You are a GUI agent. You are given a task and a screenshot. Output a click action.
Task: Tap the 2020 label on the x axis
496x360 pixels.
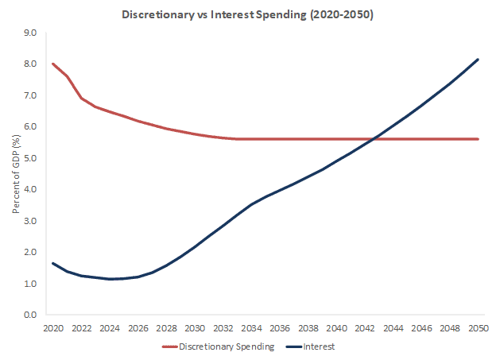tap(53, 327)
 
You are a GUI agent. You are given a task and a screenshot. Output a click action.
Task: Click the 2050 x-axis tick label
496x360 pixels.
tap(478, 327)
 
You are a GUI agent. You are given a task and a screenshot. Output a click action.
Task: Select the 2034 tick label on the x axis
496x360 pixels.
tap(251, 327)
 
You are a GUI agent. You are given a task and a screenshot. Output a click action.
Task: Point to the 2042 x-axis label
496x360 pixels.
tap(365, 327)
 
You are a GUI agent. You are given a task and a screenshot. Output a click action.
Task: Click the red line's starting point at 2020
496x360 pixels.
tap(53, 64)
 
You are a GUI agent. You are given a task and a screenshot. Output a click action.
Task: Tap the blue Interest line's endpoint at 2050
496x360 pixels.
tap(478, 60)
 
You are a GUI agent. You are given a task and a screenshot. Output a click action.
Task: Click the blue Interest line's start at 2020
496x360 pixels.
tap(53, 263)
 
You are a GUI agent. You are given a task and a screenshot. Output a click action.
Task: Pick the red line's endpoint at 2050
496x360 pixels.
tap(478, 139)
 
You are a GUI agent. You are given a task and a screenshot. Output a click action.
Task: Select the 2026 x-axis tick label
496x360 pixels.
tap(138, 327)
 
